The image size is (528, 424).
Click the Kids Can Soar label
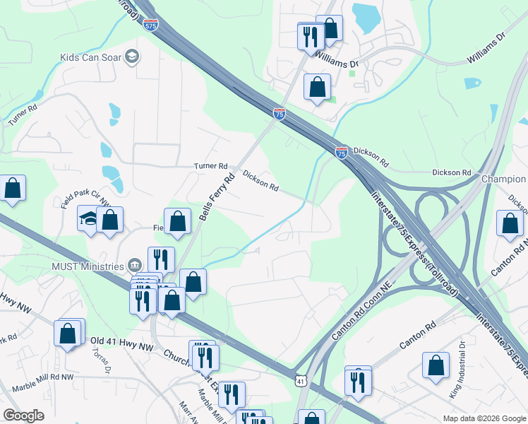tap(90, 57)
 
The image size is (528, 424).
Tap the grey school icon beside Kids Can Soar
tap(131, 57)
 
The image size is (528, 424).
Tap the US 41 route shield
tap(301, 381)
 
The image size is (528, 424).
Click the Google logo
tap(23, 416)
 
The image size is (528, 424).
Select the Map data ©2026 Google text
tap(484, 418)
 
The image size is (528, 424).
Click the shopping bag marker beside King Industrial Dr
tap(436, 365)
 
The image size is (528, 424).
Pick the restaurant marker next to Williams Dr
tap(311, 36)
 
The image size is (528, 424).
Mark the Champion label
tap(504, 179)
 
